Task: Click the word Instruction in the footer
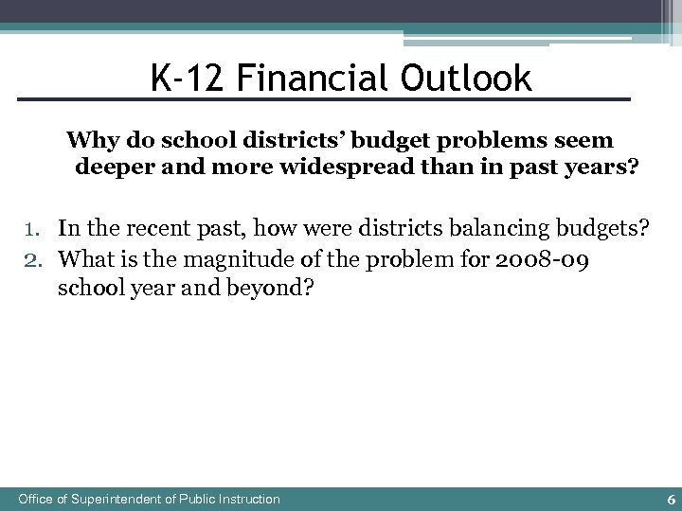(x=248, y=499)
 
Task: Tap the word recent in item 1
(x=145, y=227)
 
